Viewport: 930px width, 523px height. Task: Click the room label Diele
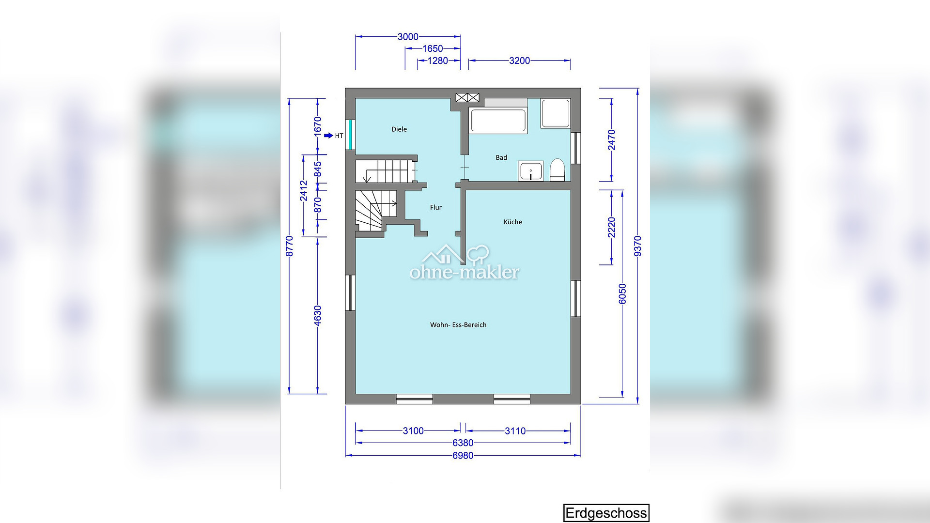399,129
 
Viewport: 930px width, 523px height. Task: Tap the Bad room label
501,157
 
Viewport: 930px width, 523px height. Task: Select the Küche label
513,222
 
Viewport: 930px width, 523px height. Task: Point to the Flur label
436,207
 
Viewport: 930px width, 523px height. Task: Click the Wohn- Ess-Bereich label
458,325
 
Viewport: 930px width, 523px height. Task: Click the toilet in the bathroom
558,170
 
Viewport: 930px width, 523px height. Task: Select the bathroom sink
531,171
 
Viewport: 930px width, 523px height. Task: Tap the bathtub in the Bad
498,121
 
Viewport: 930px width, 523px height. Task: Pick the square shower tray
555,114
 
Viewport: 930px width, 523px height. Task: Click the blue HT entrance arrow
329,136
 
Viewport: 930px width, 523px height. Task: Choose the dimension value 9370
637,246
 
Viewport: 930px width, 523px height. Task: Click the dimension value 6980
463,456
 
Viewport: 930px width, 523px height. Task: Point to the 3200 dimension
520,61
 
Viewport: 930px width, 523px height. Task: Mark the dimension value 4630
318,316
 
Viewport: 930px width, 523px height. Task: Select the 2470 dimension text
612,140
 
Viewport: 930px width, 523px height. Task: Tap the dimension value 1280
438,61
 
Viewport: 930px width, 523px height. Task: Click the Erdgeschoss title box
606,513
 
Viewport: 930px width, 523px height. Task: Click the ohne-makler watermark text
465,272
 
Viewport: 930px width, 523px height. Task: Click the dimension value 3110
515,431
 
